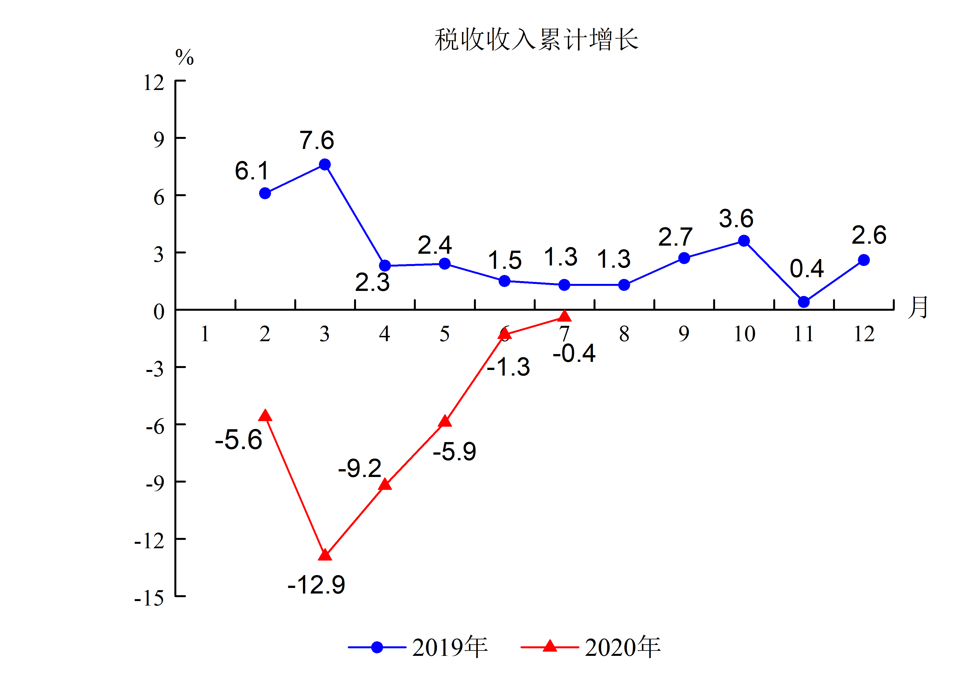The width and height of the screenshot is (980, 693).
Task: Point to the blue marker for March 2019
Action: tap(325, 165)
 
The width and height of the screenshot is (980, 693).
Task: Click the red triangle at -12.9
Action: tap(325, 555)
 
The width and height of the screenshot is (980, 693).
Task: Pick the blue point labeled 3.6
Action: tap(744, 241)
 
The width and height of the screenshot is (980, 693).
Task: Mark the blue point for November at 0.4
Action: tap(804, 302)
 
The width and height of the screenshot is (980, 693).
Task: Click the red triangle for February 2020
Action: tap(265, 415)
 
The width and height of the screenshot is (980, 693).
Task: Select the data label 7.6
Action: tap(317, 140)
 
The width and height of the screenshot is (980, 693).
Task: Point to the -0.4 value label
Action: tap(574, 353)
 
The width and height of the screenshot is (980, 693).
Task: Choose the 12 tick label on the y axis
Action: tap(154, 82)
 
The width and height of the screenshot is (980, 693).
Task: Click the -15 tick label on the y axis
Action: tap(149, 598)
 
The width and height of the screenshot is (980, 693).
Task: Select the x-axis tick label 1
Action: tap(205, 334)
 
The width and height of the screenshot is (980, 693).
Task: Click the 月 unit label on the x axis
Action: tap(918, 307)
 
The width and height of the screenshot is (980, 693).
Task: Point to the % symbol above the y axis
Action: tap(184, 57)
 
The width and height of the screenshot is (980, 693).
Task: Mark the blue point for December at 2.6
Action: tap(863, 260)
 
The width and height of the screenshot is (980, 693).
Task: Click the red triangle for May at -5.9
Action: tap(445, 421)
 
